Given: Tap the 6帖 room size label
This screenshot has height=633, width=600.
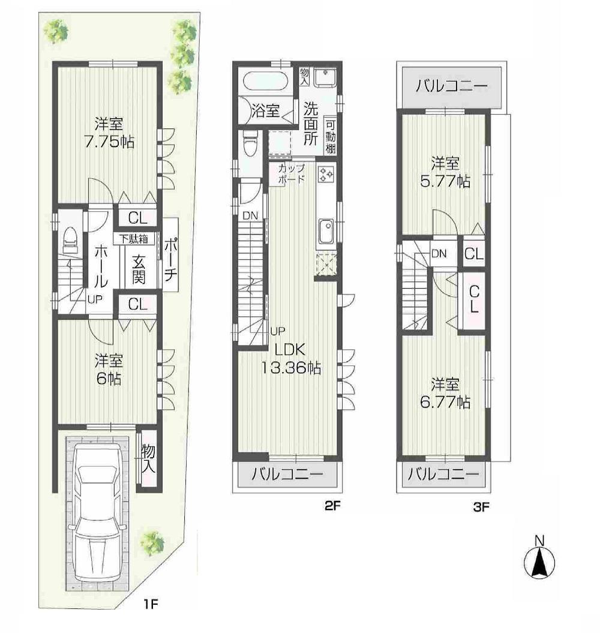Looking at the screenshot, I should click(109, 370).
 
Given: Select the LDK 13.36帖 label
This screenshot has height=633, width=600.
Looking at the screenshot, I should click(290, 359).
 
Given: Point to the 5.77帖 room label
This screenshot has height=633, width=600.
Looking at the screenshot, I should click(445, 172).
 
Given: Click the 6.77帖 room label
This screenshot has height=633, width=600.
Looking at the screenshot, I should click(445, 392).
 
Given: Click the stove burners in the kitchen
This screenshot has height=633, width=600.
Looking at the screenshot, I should click(326, 174).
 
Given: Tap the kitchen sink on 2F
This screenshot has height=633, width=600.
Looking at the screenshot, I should click(326, 232).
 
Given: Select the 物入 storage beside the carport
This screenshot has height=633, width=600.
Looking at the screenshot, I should click(148, 459).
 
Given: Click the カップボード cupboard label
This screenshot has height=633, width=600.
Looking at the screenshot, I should click(290, 173).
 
